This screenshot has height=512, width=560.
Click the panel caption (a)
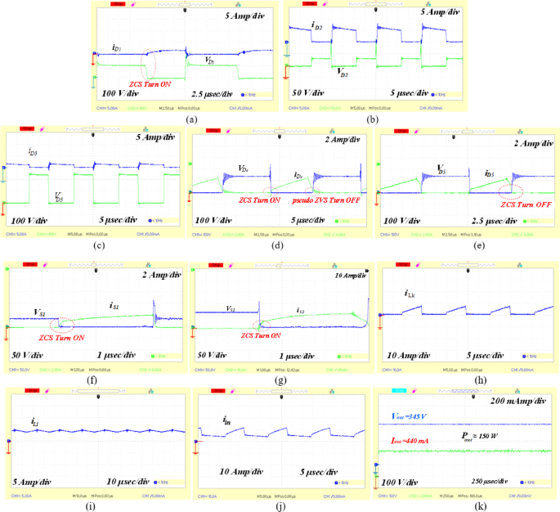[x=192, y=119]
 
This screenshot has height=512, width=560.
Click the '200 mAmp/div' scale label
[x=513, y=404]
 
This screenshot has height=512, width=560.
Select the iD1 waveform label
[x=117, y=49]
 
